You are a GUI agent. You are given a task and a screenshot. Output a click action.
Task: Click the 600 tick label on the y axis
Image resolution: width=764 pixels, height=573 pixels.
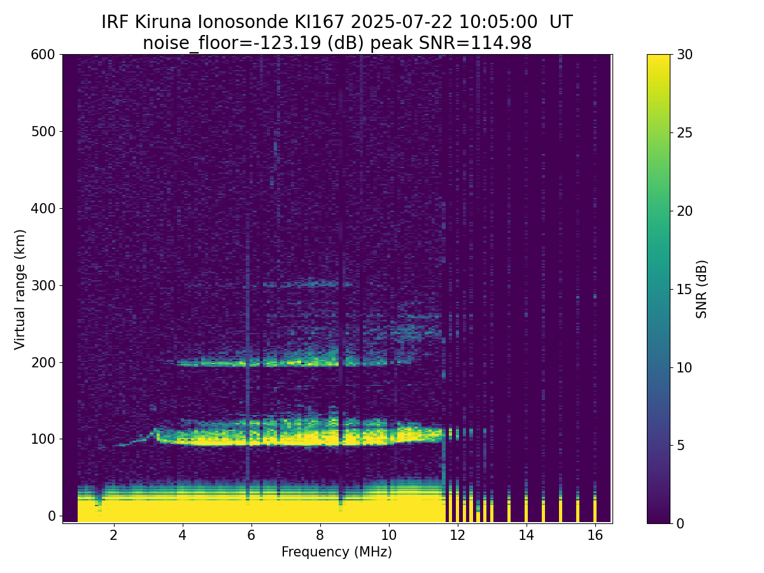43,55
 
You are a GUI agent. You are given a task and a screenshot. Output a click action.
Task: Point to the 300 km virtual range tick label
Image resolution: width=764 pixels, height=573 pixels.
43,286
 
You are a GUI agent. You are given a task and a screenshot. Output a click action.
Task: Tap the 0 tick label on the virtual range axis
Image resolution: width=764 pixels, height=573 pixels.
52,516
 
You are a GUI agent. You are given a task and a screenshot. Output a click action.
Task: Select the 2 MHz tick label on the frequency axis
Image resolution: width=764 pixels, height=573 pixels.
113,535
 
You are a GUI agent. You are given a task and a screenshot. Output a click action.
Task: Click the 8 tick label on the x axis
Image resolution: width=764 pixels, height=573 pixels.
320,535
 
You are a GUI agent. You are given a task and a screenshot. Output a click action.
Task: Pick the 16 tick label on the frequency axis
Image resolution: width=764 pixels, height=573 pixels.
595,535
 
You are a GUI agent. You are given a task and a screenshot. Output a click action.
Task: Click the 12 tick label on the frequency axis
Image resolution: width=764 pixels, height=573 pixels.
457,535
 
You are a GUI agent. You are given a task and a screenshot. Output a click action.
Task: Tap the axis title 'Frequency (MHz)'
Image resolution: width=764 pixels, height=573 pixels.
337,552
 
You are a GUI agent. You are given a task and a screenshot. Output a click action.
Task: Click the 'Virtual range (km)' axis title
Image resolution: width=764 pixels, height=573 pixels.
20,290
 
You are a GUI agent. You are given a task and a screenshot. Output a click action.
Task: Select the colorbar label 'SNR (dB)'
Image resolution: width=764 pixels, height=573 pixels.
701,289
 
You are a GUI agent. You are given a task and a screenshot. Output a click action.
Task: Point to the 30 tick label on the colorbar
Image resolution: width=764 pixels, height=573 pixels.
684,55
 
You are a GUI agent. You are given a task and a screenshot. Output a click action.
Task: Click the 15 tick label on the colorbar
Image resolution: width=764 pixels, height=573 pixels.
684,289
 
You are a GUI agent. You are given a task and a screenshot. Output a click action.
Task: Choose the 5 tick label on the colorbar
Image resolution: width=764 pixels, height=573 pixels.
681,445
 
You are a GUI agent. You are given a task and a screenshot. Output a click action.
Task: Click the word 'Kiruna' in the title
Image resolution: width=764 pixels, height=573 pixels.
163,22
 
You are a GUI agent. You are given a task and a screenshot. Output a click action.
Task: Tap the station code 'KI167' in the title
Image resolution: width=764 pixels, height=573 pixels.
320,22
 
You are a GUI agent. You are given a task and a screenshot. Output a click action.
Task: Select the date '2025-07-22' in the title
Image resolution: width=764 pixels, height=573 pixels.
402,22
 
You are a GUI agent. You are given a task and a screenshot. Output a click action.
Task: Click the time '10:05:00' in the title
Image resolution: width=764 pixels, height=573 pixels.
498,22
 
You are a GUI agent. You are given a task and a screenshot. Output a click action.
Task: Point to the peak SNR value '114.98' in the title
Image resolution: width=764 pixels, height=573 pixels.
501,43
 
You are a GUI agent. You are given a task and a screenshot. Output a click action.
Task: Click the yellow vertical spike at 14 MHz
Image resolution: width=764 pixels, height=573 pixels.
526,511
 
